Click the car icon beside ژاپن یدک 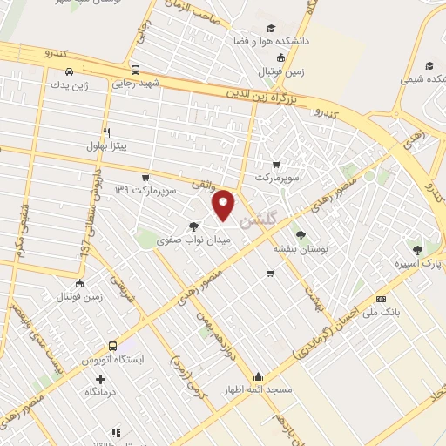(x=68, y=72)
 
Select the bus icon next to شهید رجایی (x=134, y=71)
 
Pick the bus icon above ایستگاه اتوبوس (x=111, y=346)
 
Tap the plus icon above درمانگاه (x=101, y=379)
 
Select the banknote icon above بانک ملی (x=381, y=298)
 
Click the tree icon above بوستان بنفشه (x=301, y=235)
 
